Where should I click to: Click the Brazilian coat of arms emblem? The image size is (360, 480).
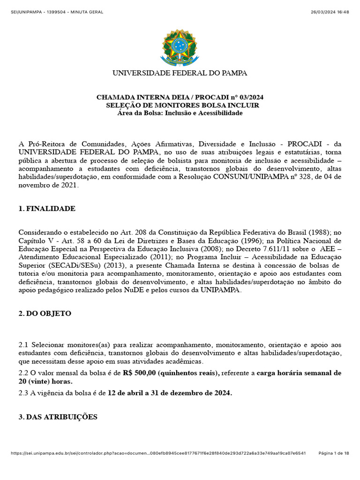(x=180, y=47)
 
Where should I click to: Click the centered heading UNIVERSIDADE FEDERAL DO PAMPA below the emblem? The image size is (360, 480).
(x=180, y=73)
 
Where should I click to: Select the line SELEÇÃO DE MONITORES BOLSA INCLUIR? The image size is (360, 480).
(x=182, y=105)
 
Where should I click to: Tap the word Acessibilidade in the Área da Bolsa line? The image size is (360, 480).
(x=220, y=113)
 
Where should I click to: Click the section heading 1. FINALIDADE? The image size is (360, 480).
(x=47, y=209)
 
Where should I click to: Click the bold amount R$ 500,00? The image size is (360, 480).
(x=139, y=373)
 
